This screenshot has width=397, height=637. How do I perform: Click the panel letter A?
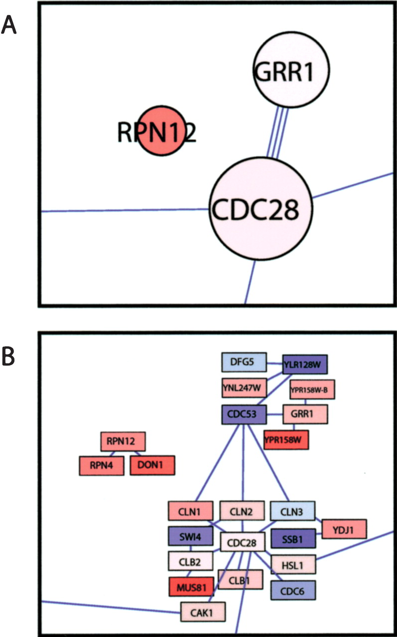10,24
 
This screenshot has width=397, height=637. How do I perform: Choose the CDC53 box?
244,415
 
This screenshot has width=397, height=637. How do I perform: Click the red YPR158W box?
286,439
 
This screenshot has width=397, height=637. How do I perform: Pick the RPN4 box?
102,466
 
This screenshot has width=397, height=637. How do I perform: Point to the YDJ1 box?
344,529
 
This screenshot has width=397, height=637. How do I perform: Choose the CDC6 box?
294,590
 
